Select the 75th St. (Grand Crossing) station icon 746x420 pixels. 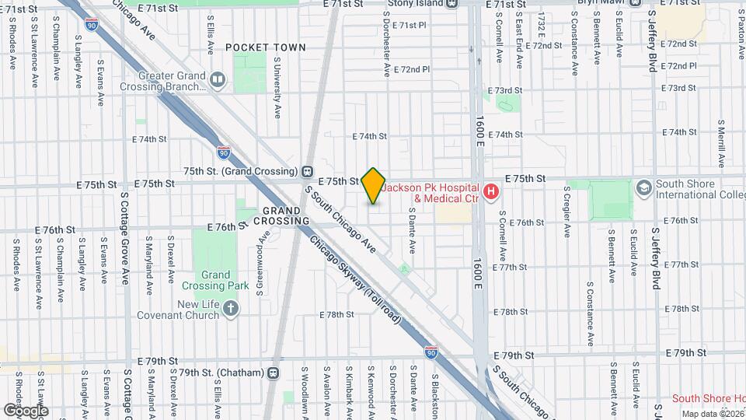[x=308, y=171]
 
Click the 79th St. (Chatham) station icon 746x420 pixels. [x=273, y=373]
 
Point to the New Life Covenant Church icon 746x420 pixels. [x=231, y=310]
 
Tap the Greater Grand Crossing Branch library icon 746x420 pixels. [x=218, y=79]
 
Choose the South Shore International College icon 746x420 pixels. [x=643, y=187]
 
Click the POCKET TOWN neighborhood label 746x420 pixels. [x=266, y=47]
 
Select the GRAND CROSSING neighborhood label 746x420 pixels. [x=281, y=215]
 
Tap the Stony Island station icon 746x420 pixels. [x=452, y=3]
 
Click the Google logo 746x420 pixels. [x=26, y=410]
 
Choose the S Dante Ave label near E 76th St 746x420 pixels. [x=413, y=236]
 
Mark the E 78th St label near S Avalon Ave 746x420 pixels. [x=337, y=315]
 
